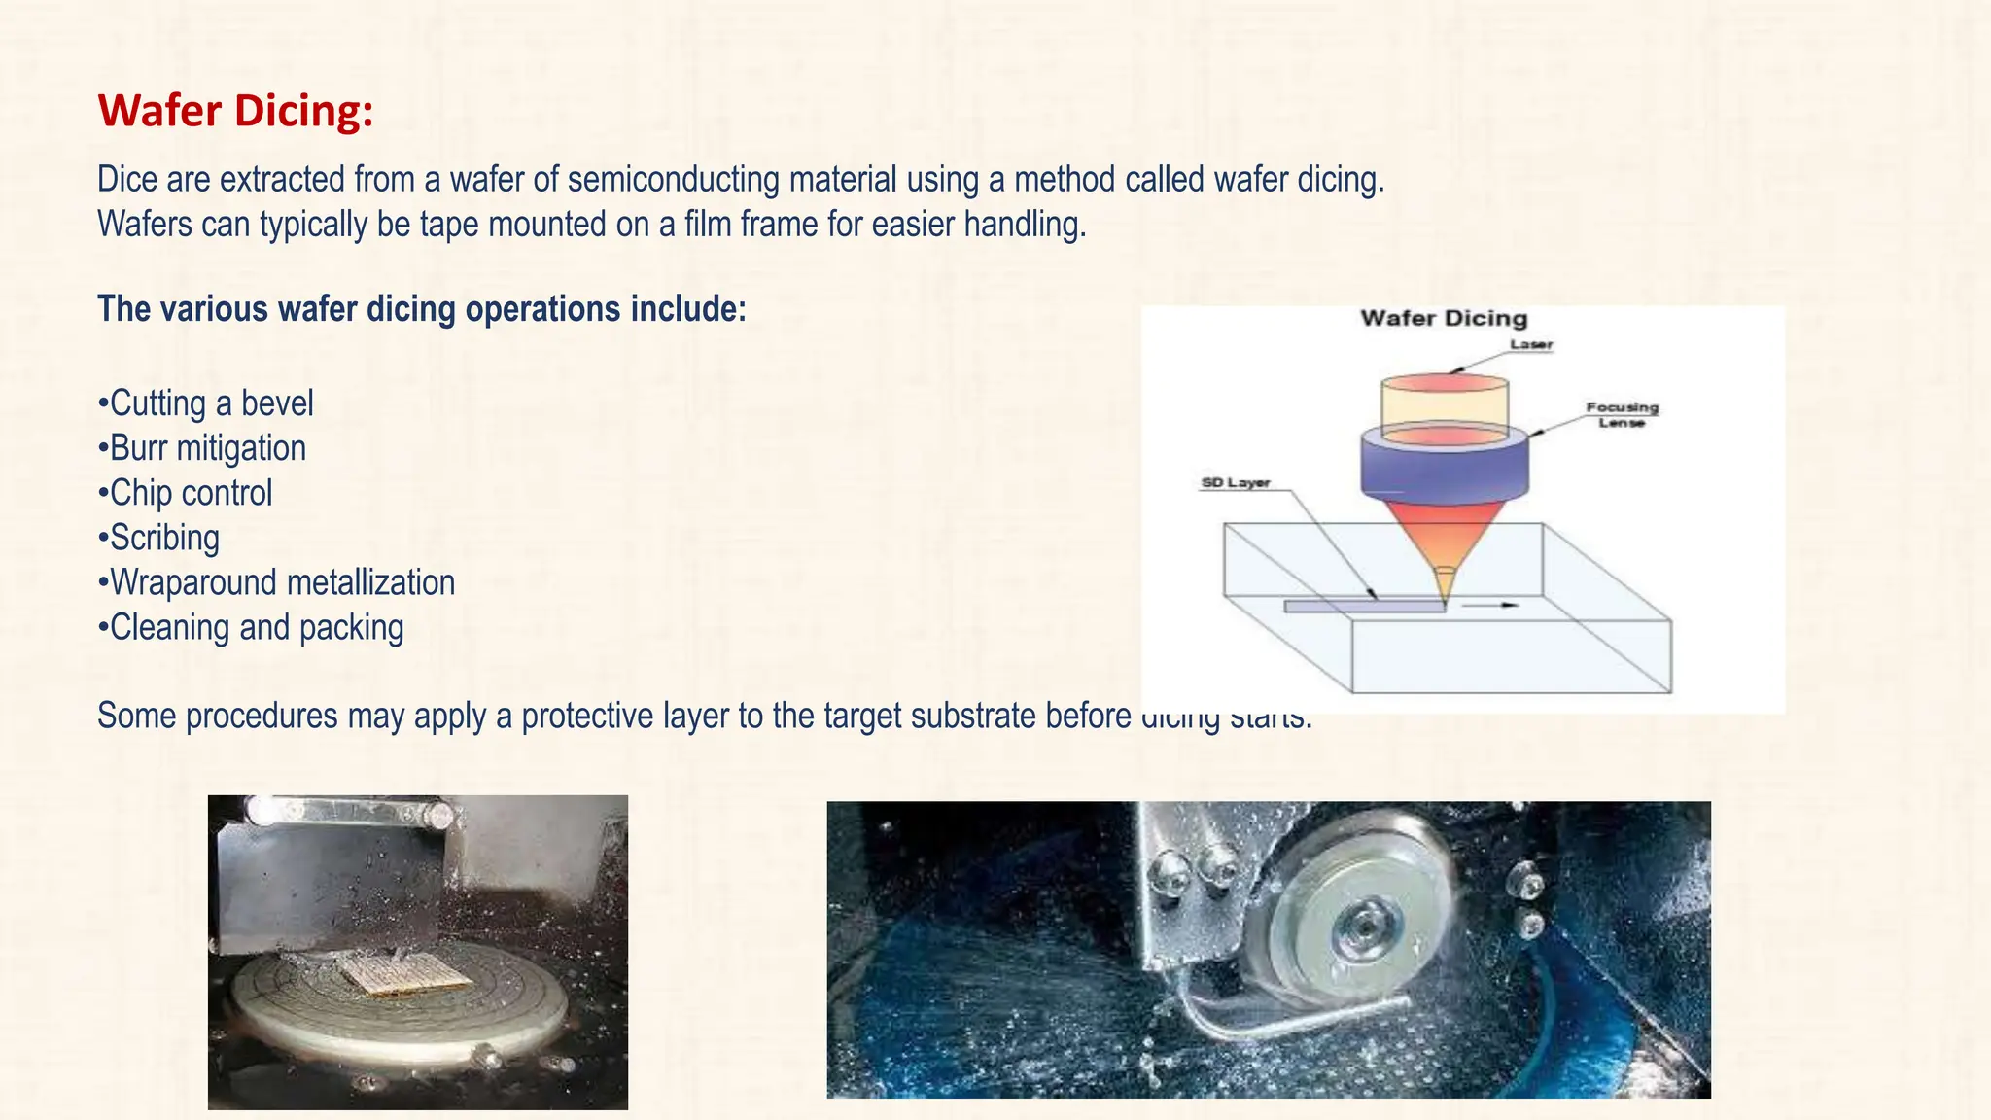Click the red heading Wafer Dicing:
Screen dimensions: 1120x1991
coord(235,111)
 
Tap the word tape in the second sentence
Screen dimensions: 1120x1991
coord(450,225)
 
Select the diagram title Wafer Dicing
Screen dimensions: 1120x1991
coord(1444,318)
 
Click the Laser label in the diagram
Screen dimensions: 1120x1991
coord(1531,344)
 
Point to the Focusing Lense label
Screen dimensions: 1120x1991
coord(1622,414)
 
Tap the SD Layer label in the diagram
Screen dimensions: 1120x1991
coord(1236,482)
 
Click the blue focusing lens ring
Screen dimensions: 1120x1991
coord(1445,467)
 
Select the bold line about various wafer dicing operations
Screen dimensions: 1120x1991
coord(422,309)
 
